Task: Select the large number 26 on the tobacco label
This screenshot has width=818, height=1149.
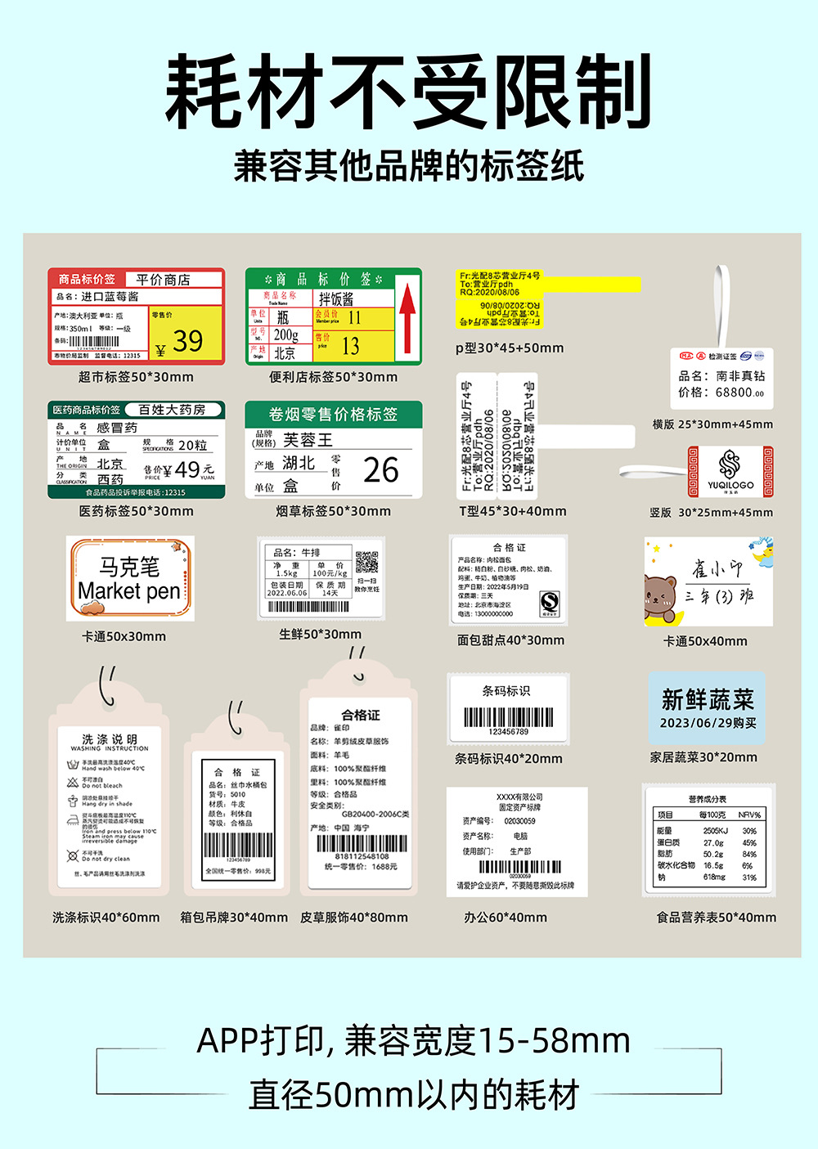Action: point(380,470)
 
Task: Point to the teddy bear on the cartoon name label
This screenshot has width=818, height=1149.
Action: point(661,597)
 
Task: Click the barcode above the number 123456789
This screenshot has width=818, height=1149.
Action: point(508,717)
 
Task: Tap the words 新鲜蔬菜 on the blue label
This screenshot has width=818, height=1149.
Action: point(708,700)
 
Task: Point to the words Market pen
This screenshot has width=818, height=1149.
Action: point(129,590)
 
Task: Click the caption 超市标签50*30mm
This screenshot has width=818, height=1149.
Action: point(136,377)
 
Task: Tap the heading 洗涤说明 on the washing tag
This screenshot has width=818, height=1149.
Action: point(110,738)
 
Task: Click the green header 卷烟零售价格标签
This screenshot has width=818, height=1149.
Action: point(333,414)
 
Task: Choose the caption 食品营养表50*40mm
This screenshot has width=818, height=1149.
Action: point(716,918)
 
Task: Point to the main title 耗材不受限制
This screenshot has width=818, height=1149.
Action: point(408,92)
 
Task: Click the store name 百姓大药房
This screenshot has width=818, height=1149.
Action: point(171,409)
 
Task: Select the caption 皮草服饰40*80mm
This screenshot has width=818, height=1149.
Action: point(353,918)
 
